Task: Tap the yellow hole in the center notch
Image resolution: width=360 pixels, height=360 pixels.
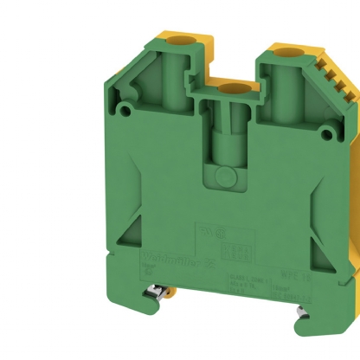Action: point(229,89)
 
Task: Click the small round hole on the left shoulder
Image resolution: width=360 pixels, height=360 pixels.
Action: point(128,110)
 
